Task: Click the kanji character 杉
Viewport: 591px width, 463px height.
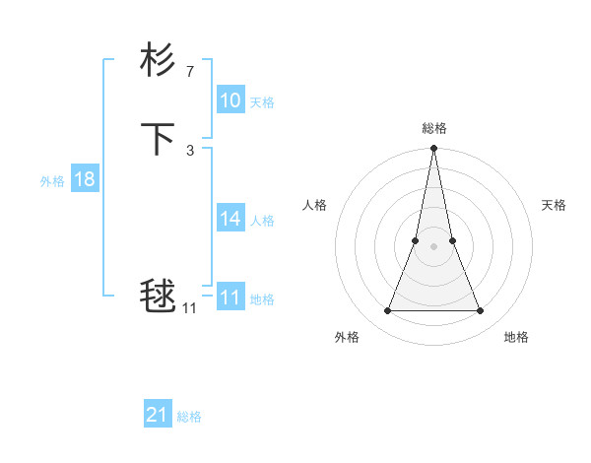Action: tap(158, 61)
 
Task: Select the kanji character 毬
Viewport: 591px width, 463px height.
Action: tap(158, 296)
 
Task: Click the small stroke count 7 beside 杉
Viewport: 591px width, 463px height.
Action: tap(189, 71)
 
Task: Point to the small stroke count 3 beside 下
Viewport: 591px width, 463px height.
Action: tap(189, 150)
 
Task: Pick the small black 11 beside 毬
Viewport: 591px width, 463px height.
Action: tap(189, 308)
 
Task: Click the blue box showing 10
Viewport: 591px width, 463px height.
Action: tap(230, 100)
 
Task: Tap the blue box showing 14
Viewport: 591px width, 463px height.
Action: tap(230, 219)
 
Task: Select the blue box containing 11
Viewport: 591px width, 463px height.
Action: tap(230, 298)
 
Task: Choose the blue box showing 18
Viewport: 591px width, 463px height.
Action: tap(84, 179)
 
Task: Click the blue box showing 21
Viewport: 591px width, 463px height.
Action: tap(157, 415)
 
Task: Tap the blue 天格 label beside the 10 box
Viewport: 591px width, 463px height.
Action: tap(261, 102)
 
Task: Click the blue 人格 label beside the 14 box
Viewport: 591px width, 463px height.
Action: tap(261, 221)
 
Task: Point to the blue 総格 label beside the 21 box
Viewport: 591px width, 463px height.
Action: tap(189, 417)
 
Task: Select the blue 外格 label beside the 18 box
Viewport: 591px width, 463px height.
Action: tap(52, 181)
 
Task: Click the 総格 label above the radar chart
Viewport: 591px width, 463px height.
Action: tap(433, 128)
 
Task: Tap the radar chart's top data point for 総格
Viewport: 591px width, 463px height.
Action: tap(433, 150)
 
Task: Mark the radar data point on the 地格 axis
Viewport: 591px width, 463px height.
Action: tap(481, 311)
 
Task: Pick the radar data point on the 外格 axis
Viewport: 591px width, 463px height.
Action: tap(387, 311)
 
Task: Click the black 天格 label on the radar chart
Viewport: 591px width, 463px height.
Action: tap(554, 205)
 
